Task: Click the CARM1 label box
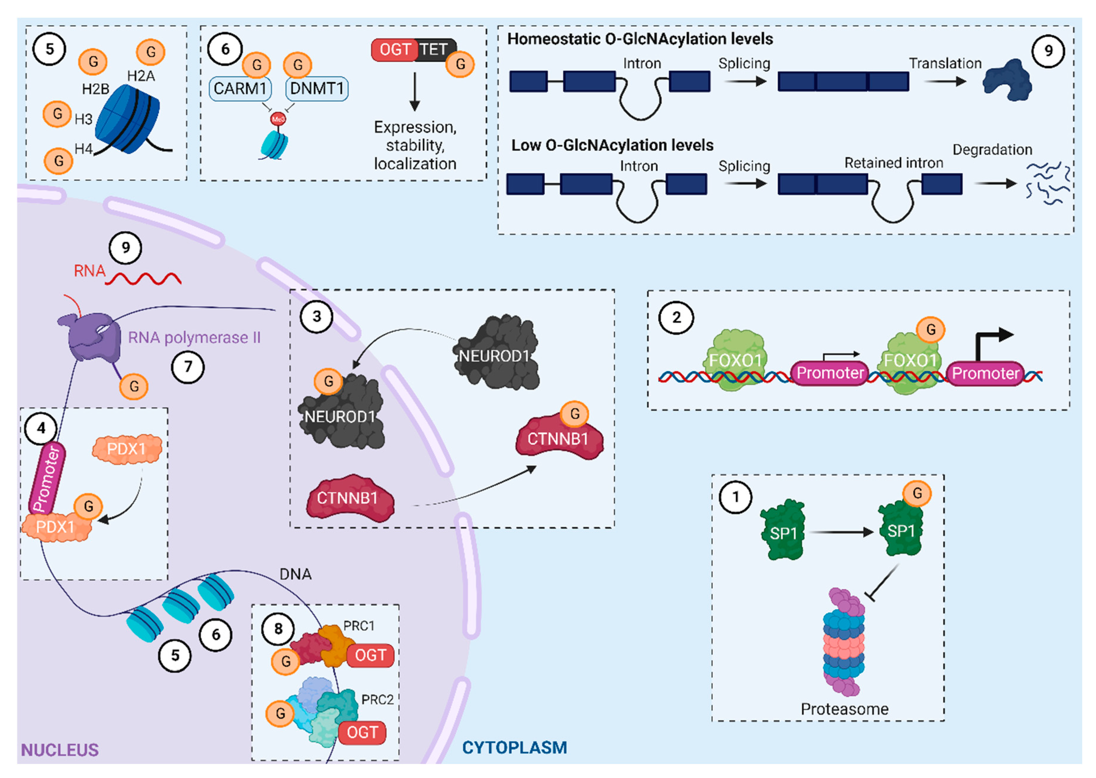click(240, 88)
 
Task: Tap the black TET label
click(434, 49)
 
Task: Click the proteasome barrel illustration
click(844, 642)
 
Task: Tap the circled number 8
click(278, 629)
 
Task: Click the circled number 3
click(317, 316)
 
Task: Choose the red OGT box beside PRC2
click(362, 732)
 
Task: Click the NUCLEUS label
click(60, 750)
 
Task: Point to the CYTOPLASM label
click(514, 747)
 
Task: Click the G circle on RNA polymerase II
click(134, 386)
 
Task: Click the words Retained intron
click(893, 163)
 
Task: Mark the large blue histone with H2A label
click(127, 119)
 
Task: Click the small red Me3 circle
click(278, 119)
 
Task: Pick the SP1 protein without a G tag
click(783, 531)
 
